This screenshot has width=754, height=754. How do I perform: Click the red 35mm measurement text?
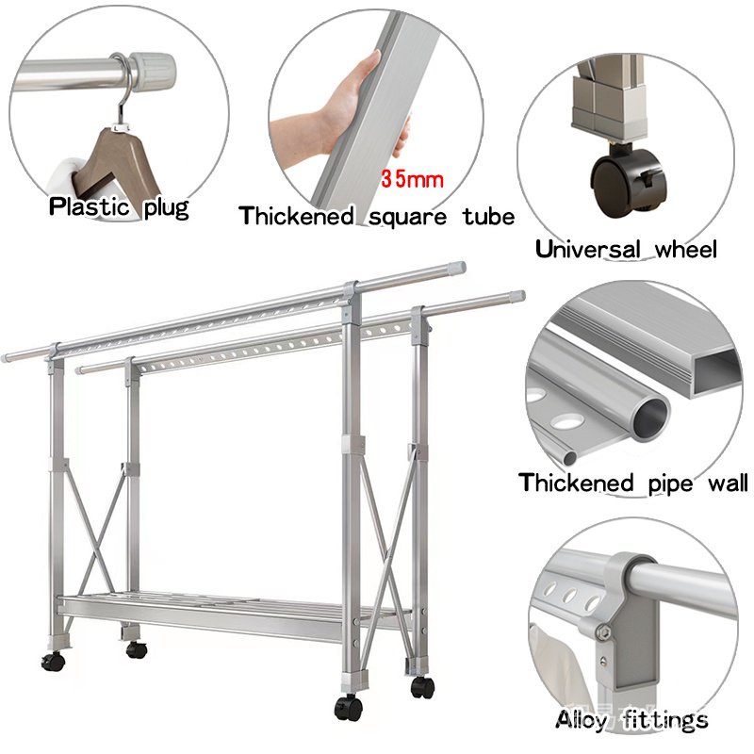[412, 179]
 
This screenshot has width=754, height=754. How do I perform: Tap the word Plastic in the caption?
[89, 206]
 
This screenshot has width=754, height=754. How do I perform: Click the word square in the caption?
[408, 218]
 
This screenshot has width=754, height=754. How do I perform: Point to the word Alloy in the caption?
[582, 720]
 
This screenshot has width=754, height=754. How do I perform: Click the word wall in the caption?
[728, 484]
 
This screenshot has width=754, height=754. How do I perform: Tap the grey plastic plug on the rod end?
[152, 68]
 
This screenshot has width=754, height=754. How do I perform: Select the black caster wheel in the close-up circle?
[629, 180]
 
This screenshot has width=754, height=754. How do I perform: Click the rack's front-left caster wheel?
[53, 662]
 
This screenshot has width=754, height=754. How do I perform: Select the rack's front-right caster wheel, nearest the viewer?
[349, 708]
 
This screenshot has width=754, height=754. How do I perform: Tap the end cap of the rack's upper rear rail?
[457, 267]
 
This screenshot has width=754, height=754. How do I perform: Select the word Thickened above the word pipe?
[576, 483]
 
